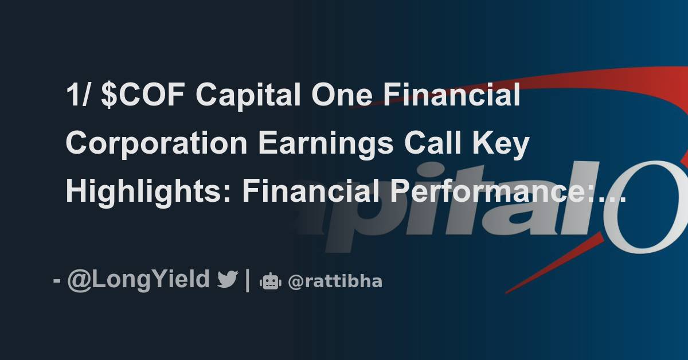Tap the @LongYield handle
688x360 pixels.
point(138,280)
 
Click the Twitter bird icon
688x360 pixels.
point(228,280)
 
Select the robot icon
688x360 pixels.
point(269,281)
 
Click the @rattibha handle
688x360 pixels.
point(335,281)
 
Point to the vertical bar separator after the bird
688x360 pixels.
point(247,280)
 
